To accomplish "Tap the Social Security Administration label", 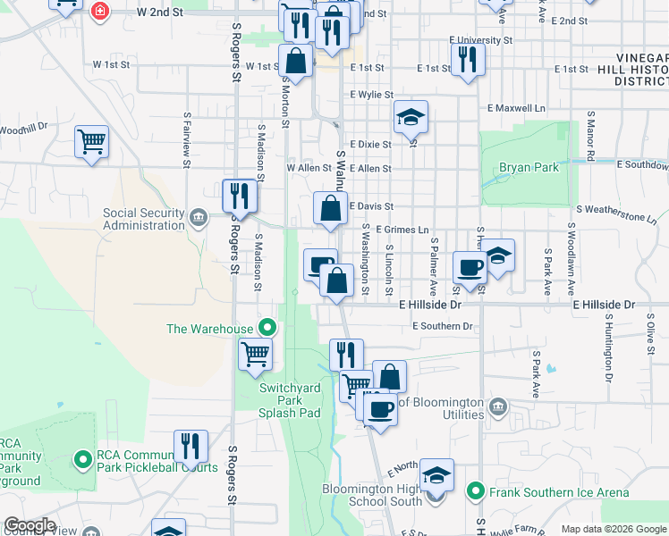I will coord(143,219).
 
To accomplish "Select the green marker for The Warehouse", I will coord(266,328).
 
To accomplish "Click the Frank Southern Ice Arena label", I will coord(558,492).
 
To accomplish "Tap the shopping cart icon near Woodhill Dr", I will coord(91,140).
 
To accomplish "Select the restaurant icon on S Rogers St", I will coord(239,195).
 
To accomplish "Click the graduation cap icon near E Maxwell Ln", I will coord(411,116).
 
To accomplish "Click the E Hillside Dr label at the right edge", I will coord(604,305).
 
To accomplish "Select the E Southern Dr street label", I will coord(442,326).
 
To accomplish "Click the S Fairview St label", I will coord(187,138).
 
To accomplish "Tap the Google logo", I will coord(30,525).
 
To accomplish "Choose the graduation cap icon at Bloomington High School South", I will coord(436,474).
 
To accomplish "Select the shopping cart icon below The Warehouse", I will coord(255,354).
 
